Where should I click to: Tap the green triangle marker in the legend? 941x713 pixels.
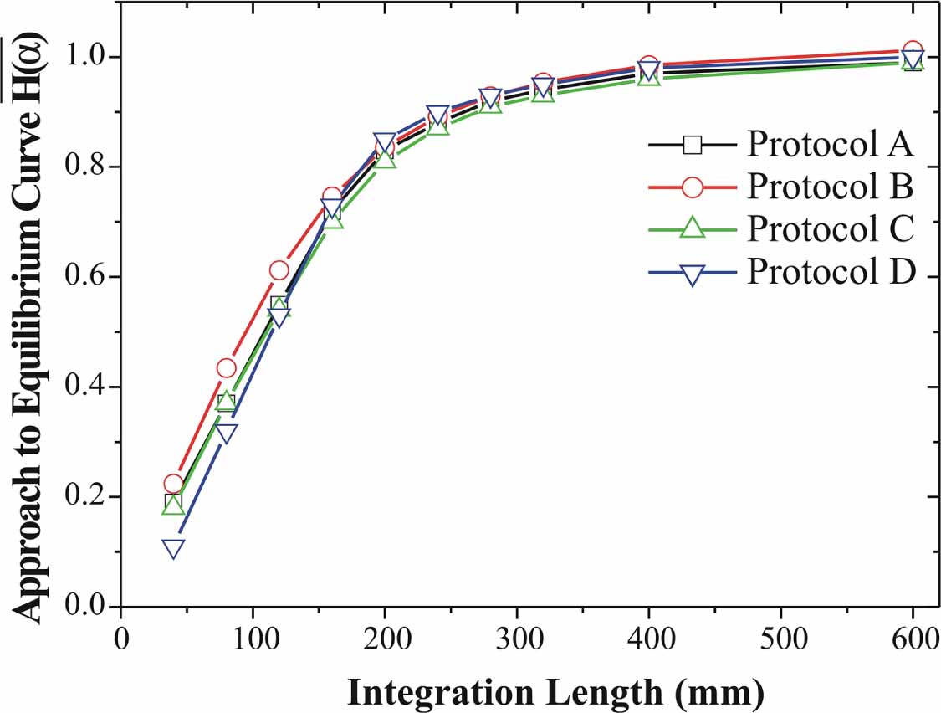(692, 228)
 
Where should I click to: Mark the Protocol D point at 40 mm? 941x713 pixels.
(174, 549)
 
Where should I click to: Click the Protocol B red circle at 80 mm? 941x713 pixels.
(227, 368)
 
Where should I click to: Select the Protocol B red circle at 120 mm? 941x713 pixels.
(279, 269)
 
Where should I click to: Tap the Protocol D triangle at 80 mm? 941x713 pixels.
(227, 433)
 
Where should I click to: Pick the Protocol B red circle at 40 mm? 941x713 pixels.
(174, 484)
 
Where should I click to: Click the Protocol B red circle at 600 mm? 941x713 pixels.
(913, 51)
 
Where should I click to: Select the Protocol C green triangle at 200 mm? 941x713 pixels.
(385, 158)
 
